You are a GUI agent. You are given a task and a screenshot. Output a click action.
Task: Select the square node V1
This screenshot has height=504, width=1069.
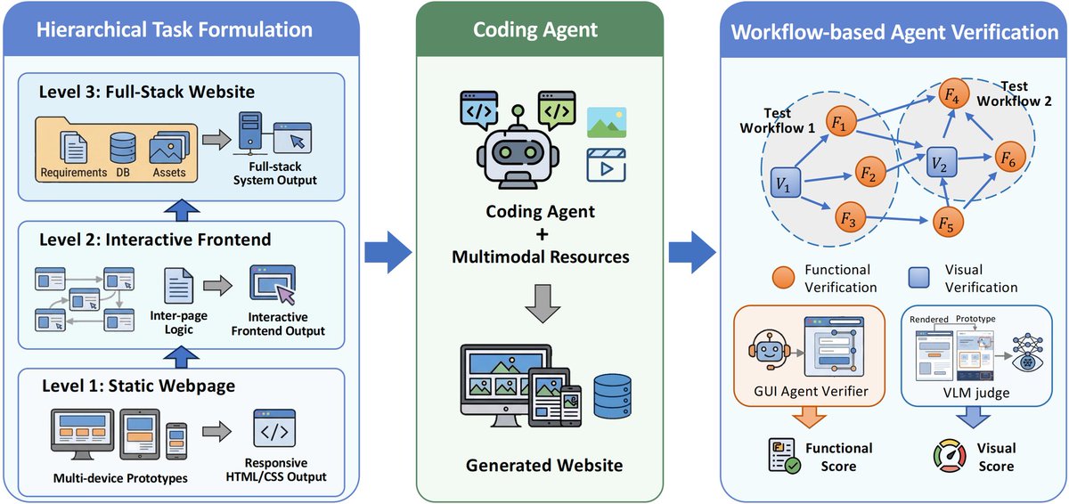(783, 183)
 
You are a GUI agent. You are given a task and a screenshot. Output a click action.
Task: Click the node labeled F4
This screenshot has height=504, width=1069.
(951, 95)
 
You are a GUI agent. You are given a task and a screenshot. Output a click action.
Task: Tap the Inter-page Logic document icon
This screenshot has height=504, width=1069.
(179, 289)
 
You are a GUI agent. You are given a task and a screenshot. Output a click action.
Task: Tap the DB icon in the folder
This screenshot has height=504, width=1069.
(121, 148)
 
